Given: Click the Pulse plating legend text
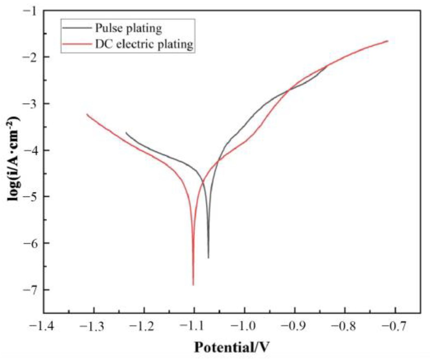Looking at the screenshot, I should pos(128,28).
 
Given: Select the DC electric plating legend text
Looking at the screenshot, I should pos(144,44).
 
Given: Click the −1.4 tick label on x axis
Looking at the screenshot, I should pos(44,326).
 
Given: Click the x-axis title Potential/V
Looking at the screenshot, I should pos(232,347).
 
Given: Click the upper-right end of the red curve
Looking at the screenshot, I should pos(388,41).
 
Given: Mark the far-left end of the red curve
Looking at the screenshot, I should pos(87,114).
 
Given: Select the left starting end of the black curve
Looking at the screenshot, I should pos(126,133).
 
